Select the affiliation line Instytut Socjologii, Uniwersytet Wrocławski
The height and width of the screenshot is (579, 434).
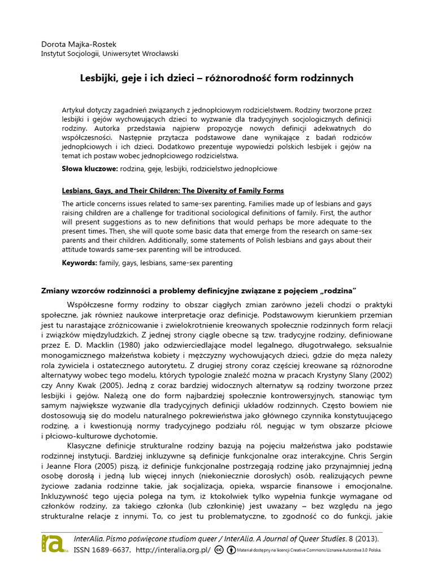click(x=110, y=54)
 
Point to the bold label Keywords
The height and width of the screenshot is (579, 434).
click(x=79, y=263)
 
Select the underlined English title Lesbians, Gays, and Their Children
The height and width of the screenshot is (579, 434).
click(x=172, y=191)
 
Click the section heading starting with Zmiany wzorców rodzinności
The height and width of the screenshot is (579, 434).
click(x=198, y=291)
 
